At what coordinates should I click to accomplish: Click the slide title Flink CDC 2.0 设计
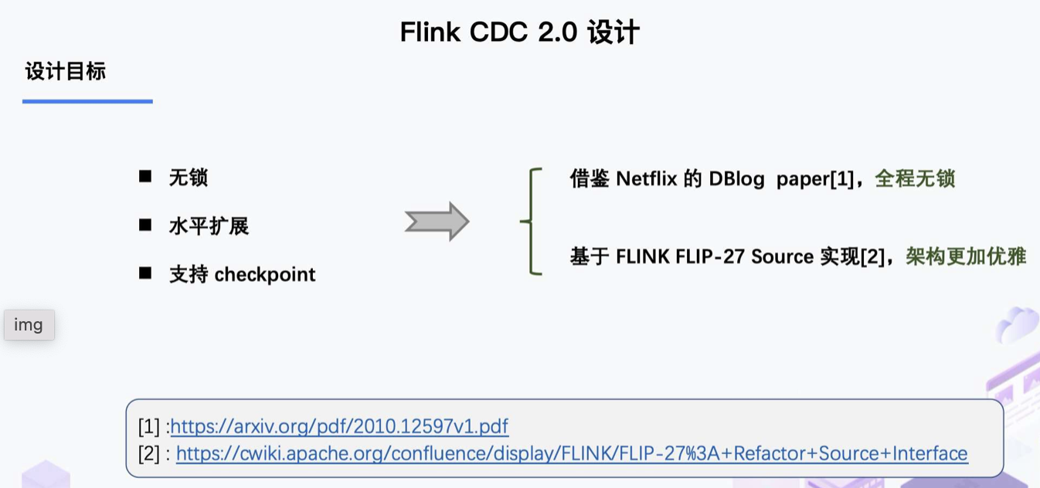click(519, 32)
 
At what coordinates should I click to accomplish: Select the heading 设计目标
click(65, 72)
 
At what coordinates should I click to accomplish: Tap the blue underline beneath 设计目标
click(87, 101)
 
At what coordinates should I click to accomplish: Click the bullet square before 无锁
click(145, 177)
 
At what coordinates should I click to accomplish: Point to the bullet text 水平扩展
click(209, 226)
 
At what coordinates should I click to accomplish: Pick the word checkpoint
click(265, 274)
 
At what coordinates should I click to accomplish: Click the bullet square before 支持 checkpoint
click(145, 273)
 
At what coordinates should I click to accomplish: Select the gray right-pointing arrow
click(437, 222)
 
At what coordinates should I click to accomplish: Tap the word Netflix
click(647, 179)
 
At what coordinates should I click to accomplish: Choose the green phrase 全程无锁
click(915, 179)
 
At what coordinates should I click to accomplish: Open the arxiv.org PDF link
click(339, 426)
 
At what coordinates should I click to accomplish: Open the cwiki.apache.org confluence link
click(572, 453)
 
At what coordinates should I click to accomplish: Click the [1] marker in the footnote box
click(149, 426)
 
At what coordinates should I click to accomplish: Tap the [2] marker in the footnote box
click(149, 453)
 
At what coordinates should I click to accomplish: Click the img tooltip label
click(29, 325)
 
